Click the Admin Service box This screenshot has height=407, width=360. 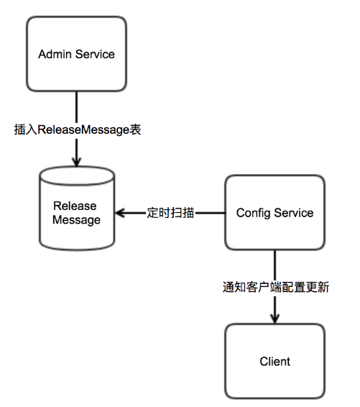pyautogui.click(x=76, y=55)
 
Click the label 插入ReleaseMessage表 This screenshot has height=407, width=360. pyautogui.click(x=77, y=131)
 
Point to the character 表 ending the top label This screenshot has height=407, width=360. pyautogui.click(x=134, y=131)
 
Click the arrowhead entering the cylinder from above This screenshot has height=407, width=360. pyautogui.click(x=76, y=162)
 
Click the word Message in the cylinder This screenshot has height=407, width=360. pyautogui.click(x=76, y=220)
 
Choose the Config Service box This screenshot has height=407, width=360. pyautogui.click(x=274, y=213)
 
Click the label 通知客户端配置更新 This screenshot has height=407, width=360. pyautogui.click(x=275, y=285)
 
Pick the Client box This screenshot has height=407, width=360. pyautogui.click(x=275, y=360)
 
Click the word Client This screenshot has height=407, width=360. pyautogui.click(x=275, y=361)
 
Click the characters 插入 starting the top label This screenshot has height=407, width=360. pyautogui.click(x=24, y=131)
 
